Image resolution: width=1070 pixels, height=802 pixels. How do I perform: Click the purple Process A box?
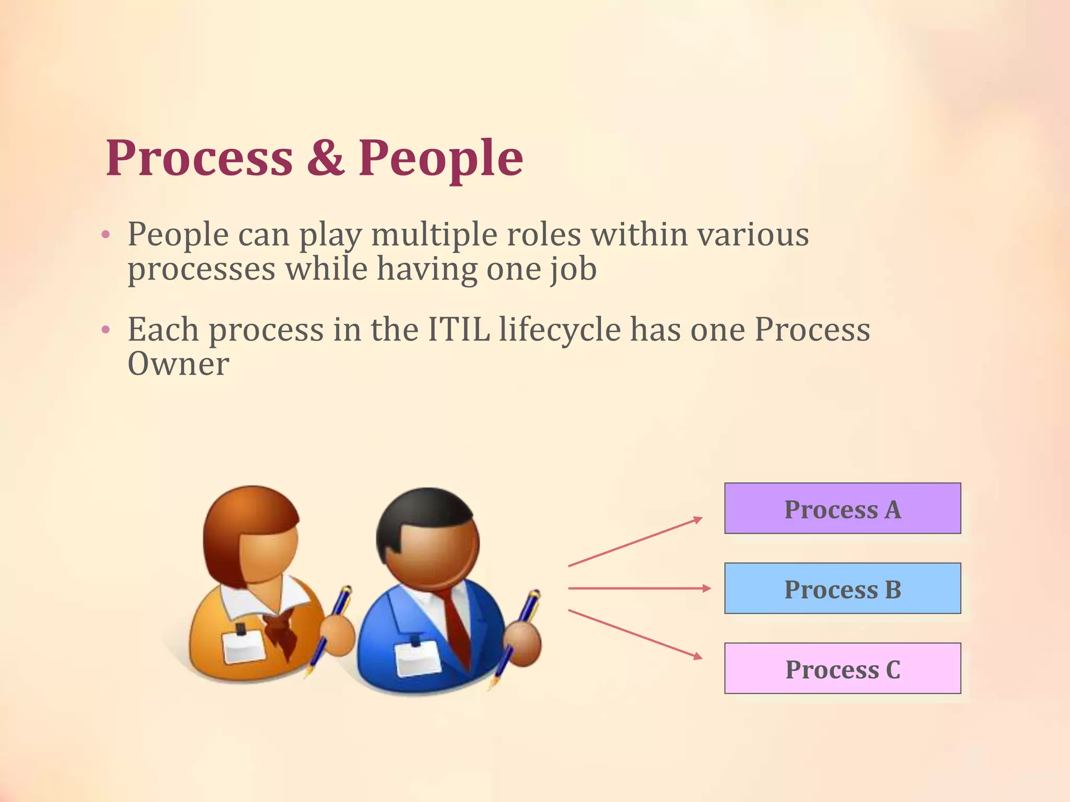coord(842,509)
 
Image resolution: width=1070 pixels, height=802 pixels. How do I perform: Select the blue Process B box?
coord(842,588)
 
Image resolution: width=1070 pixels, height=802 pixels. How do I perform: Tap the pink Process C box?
coord(842,668)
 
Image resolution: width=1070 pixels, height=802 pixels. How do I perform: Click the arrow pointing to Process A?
coord(635,542)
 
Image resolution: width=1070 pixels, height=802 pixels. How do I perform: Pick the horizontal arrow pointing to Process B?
coord(639,588)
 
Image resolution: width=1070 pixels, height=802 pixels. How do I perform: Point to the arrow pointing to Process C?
coord(635,633)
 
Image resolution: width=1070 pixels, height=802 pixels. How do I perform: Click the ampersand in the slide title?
coord(325,157)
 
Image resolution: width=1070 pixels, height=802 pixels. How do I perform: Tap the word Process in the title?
coord(199,157)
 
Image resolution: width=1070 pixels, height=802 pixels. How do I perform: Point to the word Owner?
coord(178,364)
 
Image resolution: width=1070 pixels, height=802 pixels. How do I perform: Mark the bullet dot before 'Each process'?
coord(106,330)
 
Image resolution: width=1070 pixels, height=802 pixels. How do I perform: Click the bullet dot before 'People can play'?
coord(106,235)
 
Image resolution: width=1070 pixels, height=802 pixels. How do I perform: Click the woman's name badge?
coord(245,645)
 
